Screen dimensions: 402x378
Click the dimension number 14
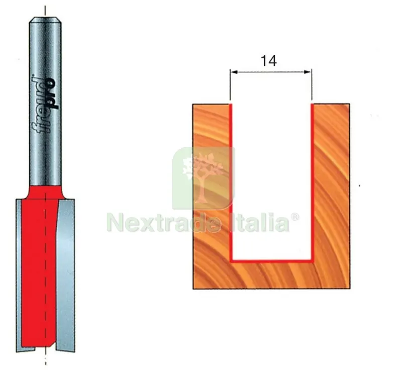point(269,61)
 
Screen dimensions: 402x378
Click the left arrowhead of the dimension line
point(234,72)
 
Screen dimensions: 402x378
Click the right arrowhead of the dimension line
point(308,72)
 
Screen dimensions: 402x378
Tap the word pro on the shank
point(52,94)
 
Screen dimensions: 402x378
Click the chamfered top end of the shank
point(45,20)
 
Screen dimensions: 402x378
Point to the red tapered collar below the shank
point(45,192)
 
